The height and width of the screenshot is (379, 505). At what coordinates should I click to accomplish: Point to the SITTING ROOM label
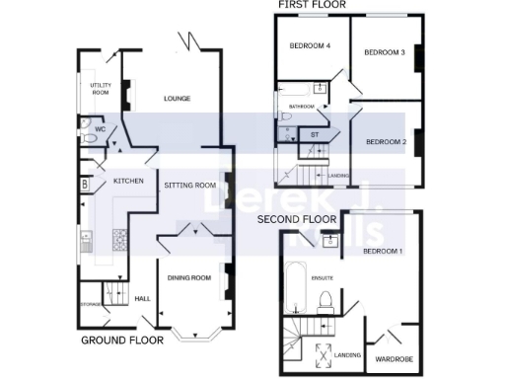coord(189,185)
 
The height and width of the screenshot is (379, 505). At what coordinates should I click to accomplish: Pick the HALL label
coord(141,298)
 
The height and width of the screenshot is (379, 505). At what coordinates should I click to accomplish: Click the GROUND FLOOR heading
coord(121,340)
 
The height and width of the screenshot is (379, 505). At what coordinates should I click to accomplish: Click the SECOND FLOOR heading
coord(297,218)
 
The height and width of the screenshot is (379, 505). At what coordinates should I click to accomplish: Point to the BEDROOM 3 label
coord(385,51)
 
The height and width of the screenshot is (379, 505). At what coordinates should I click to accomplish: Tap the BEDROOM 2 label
coord(386,142)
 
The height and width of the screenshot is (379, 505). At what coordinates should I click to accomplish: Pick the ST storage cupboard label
coord(315,133)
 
